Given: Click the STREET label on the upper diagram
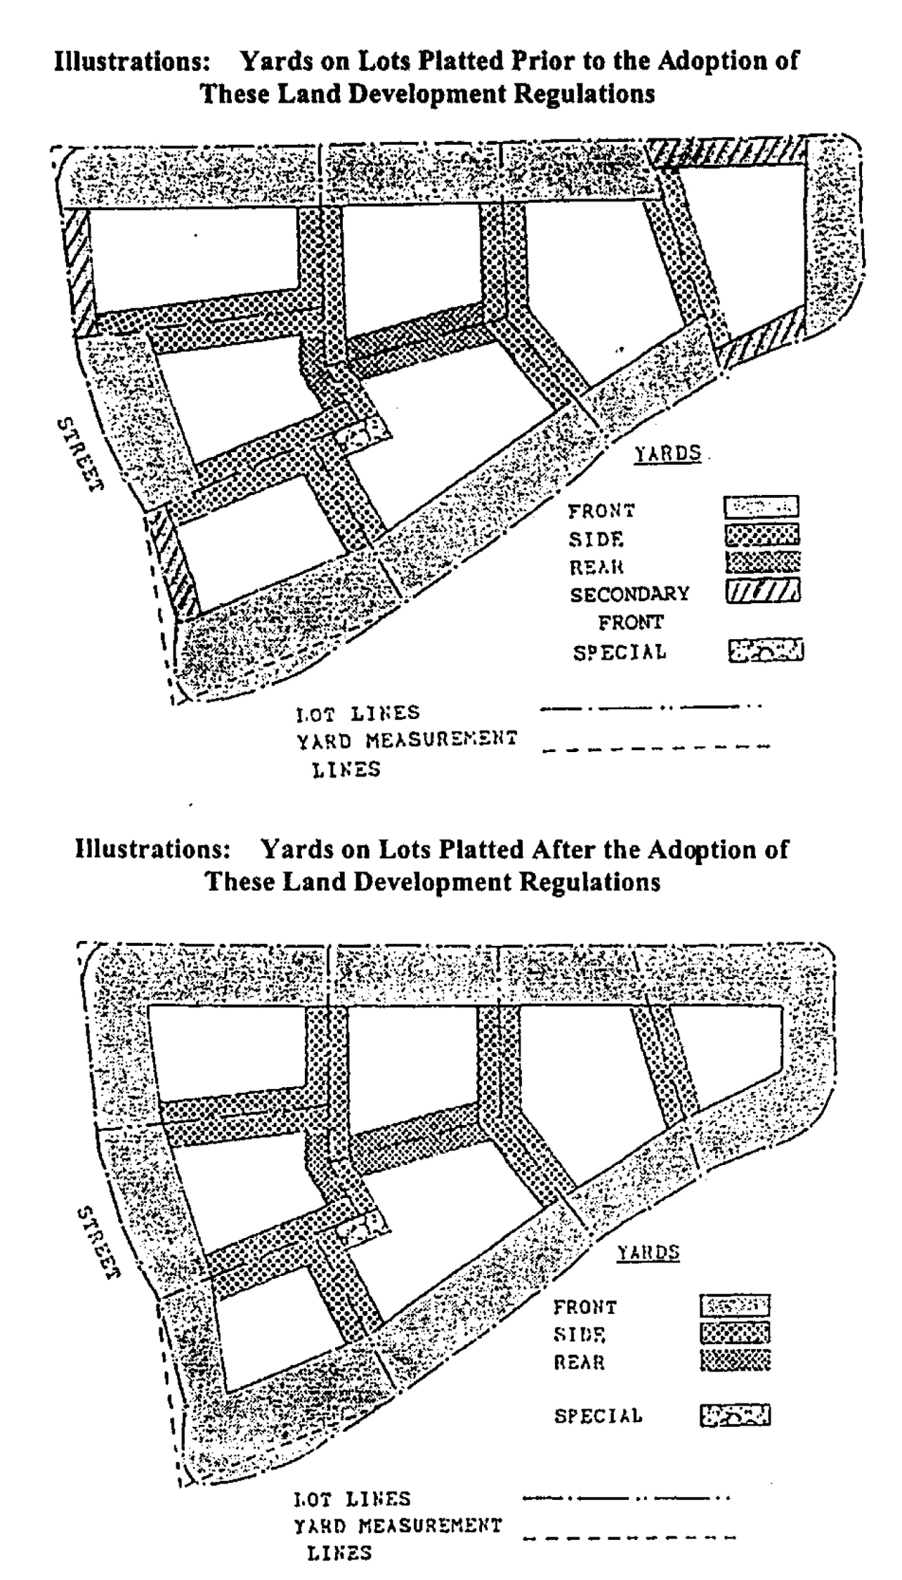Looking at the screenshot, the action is pos(79,455).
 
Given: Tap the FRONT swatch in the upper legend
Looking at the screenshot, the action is pos(762,506).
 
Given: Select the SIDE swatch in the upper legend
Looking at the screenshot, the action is pos(762,535).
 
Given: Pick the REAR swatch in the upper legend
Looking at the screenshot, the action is pos(762,562).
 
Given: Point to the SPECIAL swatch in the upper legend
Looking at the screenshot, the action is pos(766,650).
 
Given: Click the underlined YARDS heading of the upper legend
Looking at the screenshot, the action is pos(668,454).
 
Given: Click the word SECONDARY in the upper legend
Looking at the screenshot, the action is pos(629,594).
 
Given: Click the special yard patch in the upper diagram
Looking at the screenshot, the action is pos(361,433).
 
